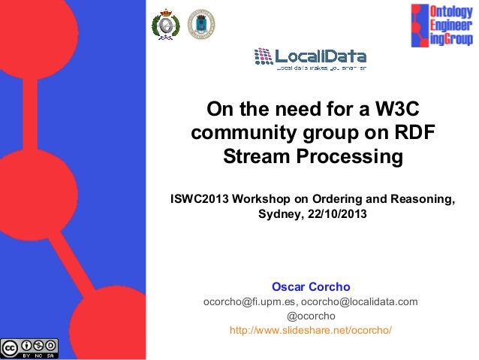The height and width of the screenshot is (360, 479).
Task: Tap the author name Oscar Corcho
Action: click(x=311, y=287)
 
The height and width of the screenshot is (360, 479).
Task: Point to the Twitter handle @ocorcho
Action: click(x=311, y=316)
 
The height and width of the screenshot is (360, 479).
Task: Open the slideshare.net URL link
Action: click(x=311, y=331)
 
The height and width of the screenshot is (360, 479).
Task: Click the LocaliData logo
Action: click(x=310, y=58)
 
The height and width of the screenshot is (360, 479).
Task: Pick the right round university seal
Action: click(x=200, y=23)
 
